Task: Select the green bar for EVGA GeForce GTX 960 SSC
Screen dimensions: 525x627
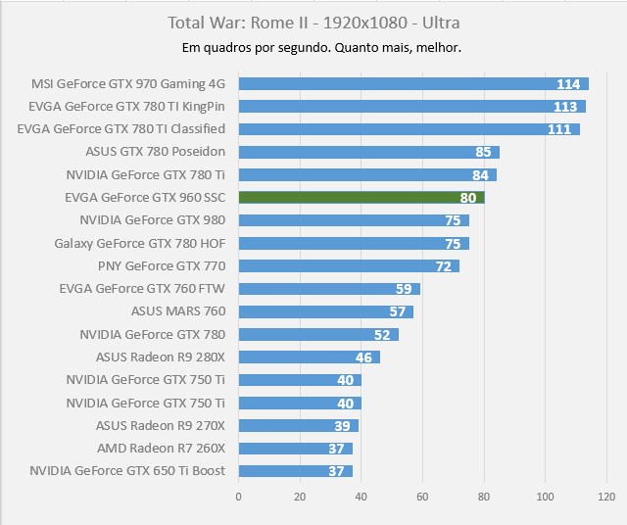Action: pyautogui.click(x=361, y=198)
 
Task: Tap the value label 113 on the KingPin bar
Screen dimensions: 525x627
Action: pyautogui.click(x=565, y=107)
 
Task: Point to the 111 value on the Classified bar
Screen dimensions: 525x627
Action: pyautogui.click(x=559, y=129)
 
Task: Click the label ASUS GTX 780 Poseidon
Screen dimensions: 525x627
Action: pyautogui.click(x=156, y=152)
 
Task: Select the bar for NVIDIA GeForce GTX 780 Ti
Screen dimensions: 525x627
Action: pyautogui.click(x=366, y=175)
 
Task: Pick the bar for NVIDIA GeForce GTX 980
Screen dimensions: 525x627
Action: pyautogui.click(x=353, y=220)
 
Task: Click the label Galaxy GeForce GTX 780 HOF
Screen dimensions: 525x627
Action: pyautogui.click(x=140, y=243)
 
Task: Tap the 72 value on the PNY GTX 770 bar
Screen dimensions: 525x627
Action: pyautogui.click(x=444, y=266)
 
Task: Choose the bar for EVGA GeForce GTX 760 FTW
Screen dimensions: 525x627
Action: pyautogui.click(x=328, y=289)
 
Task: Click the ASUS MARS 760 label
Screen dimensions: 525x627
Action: pyautogui.click(x=178, y=311)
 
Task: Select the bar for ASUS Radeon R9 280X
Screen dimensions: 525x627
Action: pyautogui.click(x=309, y=358)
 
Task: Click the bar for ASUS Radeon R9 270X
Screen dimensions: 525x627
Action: pyautogui.click(x=298, y=425)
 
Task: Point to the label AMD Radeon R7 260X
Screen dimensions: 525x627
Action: pyautogui.click(x=162, y=448)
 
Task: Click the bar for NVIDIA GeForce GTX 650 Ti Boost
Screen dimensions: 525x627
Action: pyautogui.click(x=295, y=471)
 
